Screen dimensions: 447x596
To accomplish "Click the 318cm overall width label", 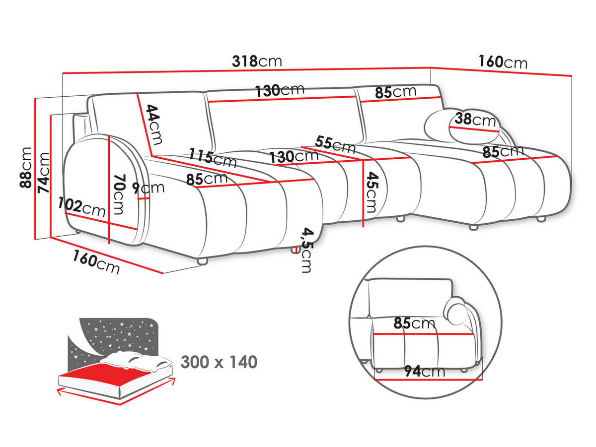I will tap(257, 61).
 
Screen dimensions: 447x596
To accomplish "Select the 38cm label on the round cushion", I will tap(475, 120).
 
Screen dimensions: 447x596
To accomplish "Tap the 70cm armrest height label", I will tap(118, 193).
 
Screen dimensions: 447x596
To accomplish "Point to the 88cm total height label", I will tap(25, 168).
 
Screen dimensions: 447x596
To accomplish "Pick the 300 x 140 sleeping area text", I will tap(219, 362).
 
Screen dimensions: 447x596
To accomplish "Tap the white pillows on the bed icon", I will tap(137, 360).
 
